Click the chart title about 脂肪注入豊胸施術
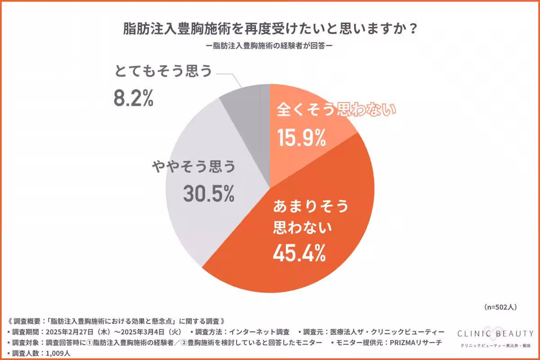click(270, 30)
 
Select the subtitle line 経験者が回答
click(270, 46)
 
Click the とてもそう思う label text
click(163, 72)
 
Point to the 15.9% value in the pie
click(301, 138)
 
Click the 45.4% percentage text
click(299, 254)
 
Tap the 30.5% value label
click(208, 194)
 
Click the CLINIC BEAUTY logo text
click(495, 333)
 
